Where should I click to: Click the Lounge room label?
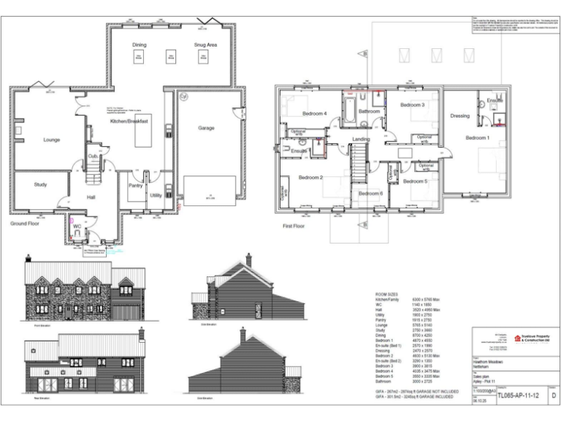coord(51,140)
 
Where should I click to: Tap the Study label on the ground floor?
coord(40,184)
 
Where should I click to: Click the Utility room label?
coord(156,195)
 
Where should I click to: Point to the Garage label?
coord(206,128)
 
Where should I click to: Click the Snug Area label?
coord(205,45)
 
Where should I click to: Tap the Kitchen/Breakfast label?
coord(129,121)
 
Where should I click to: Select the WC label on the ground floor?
coord(77,227)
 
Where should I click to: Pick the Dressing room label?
coord(459,115)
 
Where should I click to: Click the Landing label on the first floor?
coord(361,138)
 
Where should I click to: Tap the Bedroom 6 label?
coord(370,193)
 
